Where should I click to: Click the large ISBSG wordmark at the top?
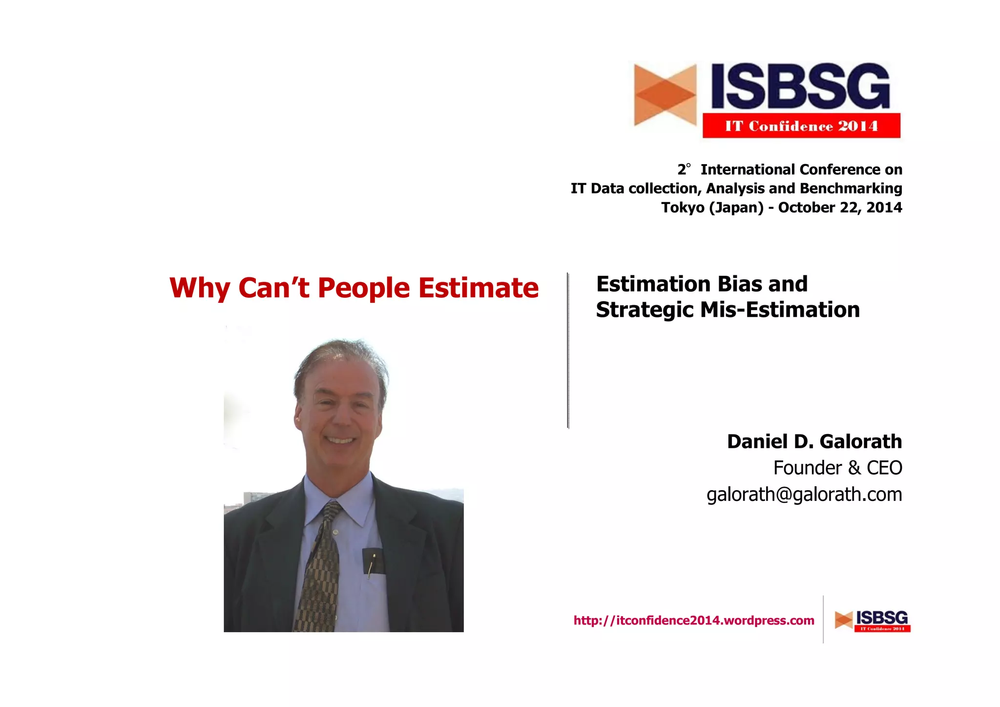800,86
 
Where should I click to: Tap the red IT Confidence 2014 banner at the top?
801,126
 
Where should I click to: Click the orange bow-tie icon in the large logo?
665,95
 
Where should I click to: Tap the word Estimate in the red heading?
479,288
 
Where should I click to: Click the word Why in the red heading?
200,288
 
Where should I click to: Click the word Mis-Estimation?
780,310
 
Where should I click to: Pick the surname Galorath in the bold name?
860,441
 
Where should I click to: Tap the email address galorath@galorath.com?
804,495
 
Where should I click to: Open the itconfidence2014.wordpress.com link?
694,621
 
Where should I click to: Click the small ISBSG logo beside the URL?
873,621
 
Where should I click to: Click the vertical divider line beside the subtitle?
568,350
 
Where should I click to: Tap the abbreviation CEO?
884,468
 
